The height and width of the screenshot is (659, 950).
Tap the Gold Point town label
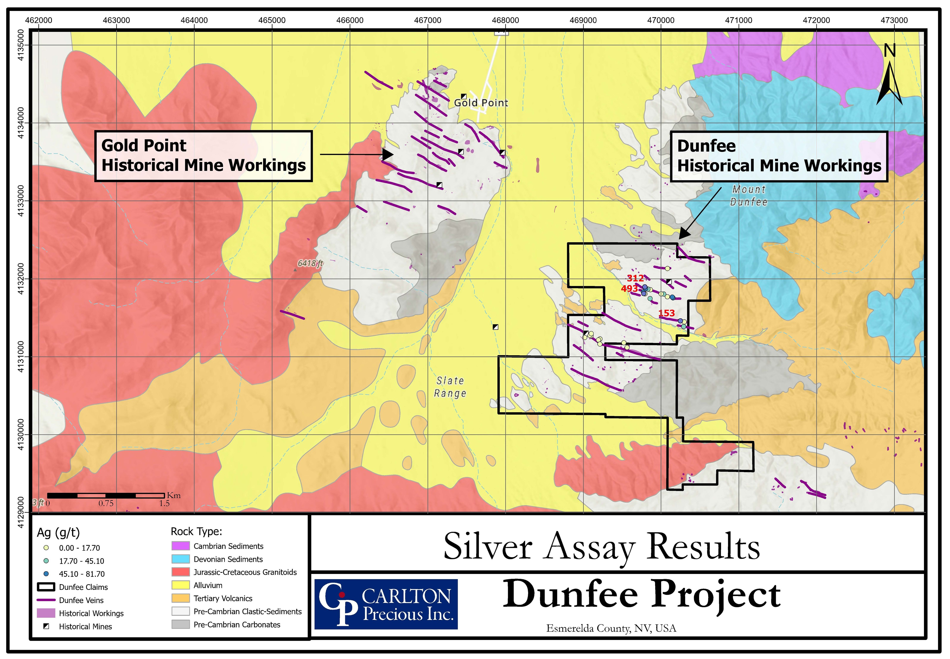481,103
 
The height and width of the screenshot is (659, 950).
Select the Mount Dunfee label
749,196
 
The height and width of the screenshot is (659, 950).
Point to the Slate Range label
450,387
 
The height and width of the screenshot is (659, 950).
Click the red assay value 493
629,289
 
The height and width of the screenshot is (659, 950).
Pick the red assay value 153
666,313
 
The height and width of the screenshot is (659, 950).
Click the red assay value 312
635,278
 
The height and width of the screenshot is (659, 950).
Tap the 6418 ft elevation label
310,263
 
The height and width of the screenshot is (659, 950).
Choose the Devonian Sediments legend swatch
180,559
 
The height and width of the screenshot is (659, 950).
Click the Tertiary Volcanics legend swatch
180,598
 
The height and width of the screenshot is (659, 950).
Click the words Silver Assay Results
601,546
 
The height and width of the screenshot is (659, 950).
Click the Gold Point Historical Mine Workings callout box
204,156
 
